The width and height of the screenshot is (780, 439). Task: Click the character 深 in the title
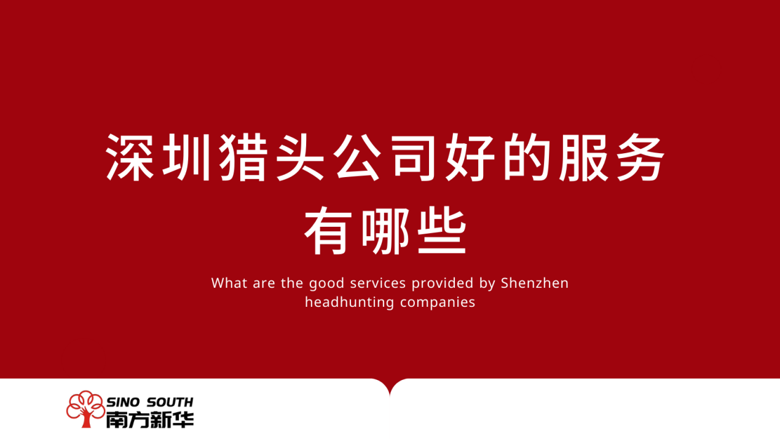click(x=130, y=157)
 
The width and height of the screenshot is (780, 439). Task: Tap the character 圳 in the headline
click(x=187, y=157)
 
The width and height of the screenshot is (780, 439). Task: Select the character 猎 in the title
click(x=243, y=157)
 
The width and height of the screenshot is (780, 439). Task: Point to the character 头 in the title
click(x=300, y=157)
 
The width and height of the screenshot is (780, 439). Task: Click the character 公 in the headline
click(x=357, y=157)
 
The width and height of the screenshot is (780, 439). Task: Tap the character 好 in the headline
click(x=470, y=157)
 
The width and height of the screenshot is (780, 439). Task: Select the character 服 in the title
click(x=583, y=157)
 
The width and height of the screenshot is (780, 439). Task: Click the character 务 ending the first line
click(x=640, y=157)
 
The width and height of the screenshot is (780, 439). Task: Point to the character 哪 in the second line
click(x=385, y=231)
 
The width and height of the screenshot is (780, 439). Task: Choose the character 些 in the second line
click(x=441, y=231)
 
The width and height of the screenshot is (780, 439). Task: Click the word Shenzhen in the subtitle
click(x=535, y=283)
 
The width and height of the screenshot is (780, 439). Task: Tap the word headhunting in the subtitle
click(x=350, y=302)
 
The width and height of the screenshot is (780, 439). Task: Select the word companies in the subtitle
click(x=438, y=303)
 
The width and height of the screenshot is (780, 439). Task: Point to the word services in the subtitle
click(x=378, y=283)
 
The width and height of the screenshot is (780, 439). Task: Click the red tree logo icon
click(x=85, y=409)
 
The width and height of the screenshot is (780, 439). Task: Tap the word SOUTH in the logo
click(x=170, y=402)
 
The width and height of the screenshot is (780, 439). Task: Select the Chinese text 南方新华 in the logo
click(x=150, y=419)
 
